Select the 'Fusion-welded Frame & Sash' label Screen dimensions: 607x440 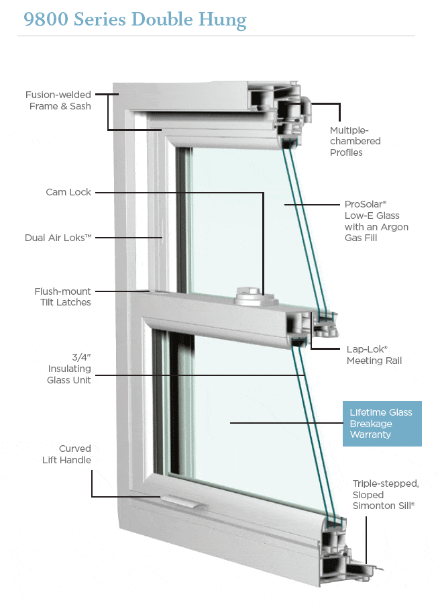60,101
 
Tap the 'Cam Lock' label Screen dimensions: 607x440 68,192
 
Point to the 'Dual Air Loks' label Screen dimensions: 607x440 58,238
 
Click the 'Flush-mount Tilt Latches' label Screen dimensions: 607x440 62,297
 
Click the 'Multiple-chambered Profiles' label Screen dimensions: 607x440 355,141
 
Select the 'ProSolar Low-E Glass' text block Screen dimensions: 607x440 376,221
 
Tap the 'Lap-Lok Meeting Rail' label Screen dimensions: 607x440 374,355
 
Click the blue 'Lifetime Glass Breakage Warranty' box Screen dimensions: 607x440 380,424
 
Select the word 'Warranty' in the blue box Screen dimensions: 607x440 370,435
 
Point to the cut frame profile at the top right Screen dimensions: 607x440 282,111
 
